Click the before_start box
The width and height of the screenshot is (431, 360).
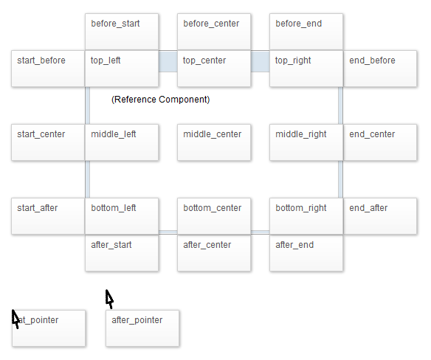(122, 32)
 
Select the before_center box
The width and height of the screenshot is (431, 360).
(214, 32)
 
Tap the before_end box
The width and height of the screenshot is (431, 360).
(306, 32)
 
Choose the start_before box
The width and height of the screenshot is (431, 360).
(48, 69)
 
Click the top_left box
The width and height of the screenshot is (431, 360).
(122, 69)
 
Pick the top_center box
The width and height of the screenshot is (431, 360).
(214, 69)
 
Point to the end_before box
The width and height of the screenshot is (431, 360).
(380, 69)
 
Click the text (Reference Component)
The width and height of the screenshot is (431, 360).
(161, 100)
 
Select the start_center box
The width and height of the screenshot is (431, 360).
(48, 142)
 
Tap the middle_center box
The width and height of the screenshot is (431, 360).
(214, 142)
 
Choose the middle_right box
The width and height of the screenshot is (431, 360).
(306, 142)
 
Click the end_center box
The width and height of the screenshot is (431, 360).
(380, 142)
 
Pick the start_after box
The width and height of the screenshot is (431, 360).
(48, 216)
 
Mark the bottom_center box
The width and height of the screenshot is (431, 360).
(214, 216)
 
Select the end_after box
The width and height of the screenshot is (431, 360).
(380, 216)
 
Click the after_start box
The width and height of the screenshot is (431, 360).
(122, 253)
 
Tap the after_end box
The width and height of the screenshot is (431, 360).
(306, 253)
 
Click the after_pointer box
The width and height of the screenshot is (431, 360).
(142, 328)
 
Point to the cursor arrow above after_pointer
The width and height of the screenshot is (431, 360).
(109, 299)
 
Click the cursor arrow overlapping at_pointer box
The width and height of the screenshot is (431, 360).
(15, 319)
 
